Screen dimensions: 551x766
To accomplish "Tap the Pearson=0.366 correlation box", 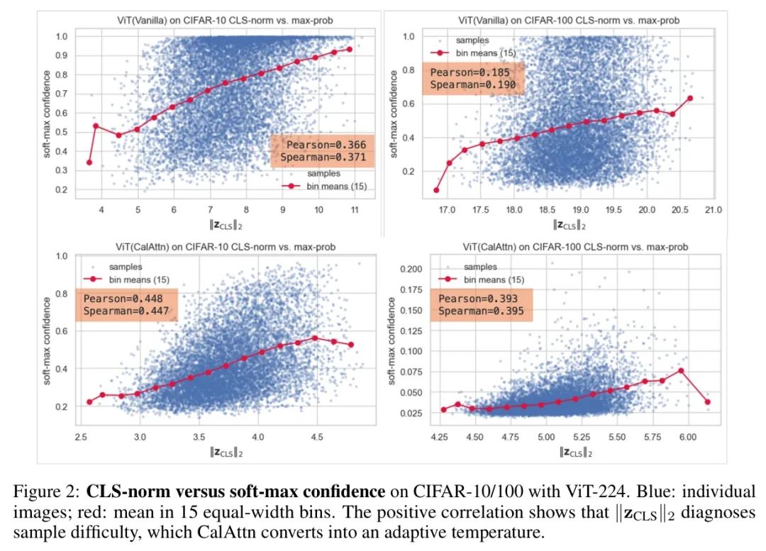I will click(x=323, y=151).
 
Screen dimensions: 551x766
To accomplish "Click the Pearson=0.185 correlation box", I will click(x=473, y=78).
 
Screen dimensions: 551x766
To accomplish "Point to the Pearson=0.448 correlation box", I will click(x=126, y=305).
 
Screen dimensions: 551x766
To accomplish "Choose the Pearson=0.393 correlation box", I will click(x=482, y=305).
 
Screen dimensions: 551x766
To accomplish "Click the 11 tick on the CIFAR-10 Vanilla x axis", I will click(x=355, y=210).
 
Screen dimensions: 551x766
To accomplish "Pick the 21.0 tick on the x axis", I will click(x=713, y=210).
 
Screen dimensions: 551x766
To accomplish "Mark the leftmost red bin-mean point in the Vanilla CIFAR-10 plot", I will click(x=89, y=162).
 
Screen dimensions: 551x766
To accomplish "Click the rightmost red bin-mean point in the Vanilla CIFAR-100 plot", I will click(x=690, y=98).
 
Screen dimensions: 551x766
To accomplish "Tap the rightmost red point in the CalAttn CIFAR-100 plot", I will click(x=707, y=402).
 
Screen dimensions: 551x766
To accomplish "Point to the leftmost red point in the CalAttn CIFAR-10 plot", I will click(x=89, y=402).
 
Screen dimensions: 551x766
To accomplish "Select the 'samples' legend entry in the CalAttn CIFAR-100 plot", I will click(x=480, y=267).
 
